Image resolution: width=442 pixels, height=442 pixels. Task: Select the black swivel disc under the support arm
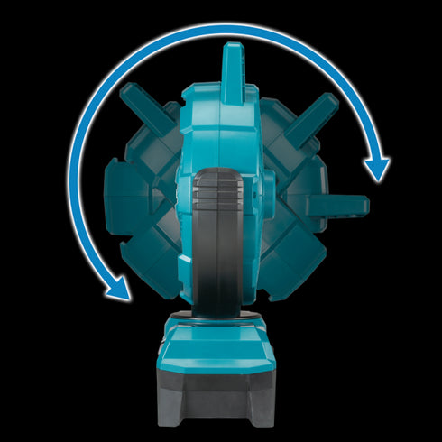point(222,316)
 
